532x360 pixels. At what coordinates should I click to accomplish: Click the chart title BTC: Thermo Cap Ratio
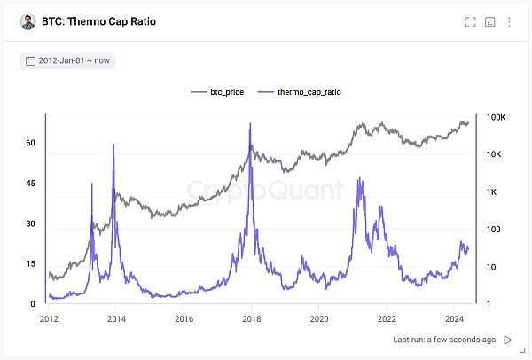98,21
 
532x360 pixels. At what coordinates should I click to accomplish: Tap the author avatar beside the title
27,21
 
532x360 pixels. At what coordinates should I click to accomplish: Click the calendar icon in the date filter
30,61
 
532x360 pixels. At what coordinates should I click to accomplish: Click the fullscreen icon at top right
471,21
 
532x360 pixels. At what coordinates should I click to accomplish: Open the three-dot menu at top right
509,21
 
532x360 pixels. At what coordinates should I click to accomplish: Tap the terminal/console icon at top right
490,21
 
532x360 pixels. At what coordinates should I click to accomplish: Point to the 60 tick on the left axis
30,143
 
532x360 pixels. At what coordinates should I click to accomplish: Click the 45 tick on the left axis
30,184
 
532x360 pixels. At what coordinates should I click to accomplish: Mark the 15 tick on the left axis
30,264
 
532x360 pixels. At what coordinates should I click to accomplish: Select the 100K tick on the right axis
494,117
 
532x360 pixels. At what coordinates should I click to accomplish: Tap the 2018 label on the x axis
251,317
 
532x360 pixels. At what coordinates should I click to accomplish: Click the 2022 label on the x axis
387,317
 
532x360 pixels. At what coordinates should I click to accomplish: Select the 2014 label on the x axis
115,317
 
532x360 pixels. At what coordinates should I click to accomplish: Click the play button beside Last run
508,340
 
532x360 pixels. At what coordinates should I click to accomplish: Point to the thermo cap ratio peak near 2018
250,124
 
